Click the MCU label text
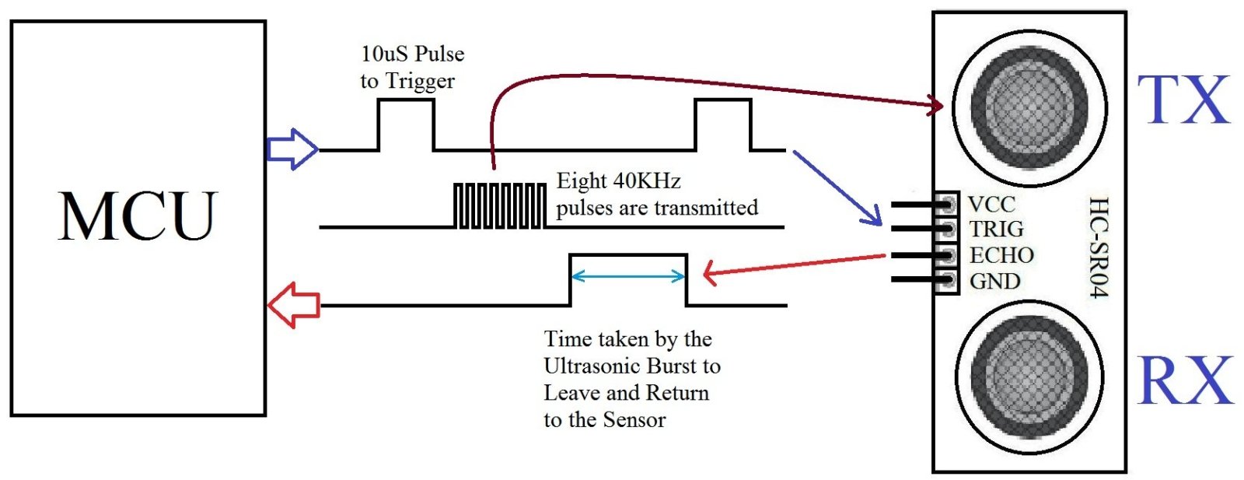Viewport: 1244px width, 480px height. [x=138, y=216]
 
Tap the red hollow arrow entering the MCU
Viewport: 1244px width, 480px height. [x=293, y=304]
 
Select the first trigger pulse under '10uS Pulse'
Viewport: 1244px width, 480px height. [x=406, y=124]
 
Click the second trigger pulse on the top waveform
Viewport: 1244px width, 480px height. [x=723, y=124]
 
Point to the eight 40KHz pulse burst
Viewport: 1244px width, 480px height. [x=499, y=205]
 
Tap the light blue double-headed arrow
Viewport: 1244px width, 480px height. [x=628, y=275]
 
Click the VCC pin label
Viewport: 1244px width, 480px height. [x=991, y=205]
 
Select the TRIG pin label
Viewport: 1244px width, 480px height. [x=996, y=229]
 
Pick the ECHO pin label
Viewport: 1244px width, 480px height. [x=1001, y=255]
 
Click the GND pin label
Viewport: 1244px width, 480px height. [x=994, y=281]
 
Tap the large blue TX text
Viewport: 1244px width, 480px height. [x=1183, y=100]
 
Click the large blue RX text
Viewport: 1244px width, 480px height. [x=1185, y=380]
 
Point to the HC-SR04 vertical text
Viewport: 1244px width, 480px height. [x=1097, y=247]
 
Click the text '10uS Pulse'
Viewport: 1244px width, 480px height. [x=412, y=54]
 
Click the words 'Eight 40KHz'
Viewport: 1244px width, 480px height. [x=618, y=181]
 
